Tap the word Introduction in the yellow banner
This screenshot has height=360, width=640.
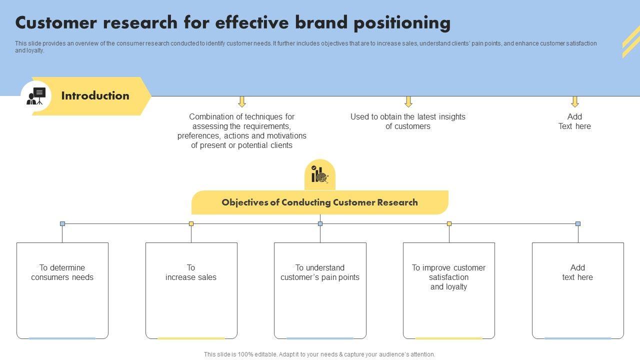[x=95, y=95]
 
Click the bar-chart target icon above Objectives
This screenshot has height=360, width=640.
[x=319, y=174]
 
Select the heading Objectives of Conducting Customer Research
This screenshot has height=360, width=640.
[x=319, y=202]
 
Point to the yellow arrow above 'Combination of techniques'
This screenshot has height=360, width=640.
[x=242, y=101]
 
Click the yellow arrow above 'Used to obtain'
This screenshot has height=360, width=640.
[x=408, y=101]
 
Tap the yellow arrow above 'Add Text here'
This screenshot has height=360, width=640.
[x=575, y=101]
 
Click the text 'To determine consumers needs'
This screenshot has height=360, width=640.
[x=62, y=272]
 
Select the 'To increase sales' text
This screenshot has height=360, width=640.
[x=191, y=272]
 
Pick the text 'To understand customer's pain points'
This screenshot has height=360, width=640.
[x=320, y=272]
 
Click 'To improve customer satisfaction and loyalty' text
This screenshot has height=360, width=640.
[x=448, y=277]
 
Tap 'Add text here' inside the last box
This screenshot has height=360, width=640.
[x=577, y=272]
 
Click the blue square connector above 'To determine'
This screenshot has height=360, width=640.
[x=62, y=223]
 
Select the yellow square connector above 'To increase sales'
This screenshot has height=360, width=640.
[x=191, y=223]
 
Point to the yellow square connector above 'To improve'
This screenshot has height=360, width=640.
[x=449, y=223]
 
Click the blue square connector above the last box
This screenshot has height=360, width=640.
[x=578, y=223]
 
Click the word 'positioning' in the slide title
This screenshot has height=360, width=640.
[x=402, y=23]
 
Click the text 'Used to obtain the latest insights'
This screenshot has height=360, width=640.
[x=408, y=116]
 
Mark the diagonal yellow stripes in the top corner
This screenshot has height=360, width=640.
[x=631, y=41]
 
